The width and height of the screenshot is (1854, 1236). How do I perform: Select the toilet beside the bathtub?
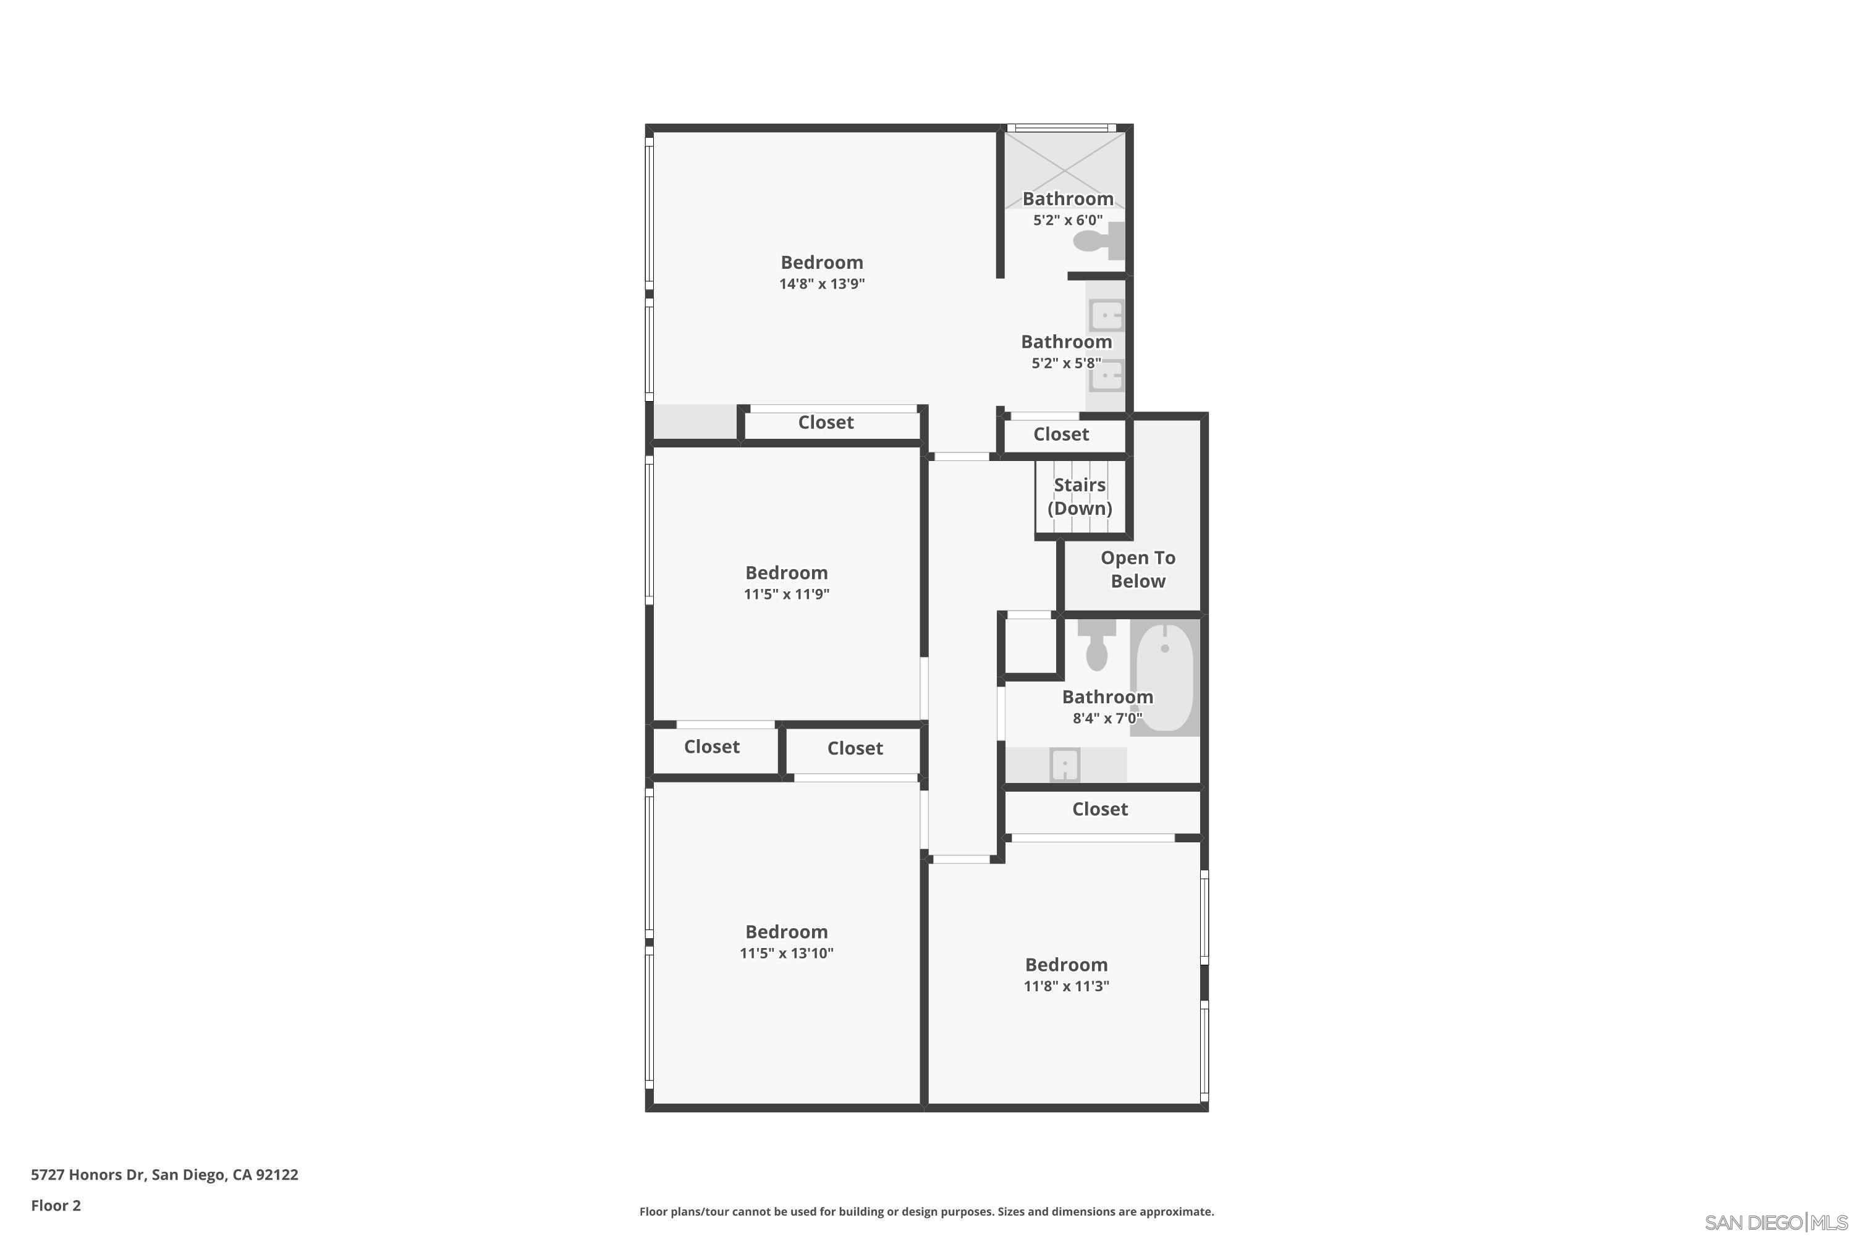1096,645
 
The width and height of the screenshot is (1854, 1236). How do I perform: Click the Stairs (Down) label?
1079,497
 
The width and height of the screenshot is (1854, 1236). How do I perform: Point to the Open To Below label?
1138,569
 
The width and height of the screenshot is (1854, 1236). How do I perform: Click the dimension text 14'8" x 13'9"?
821,284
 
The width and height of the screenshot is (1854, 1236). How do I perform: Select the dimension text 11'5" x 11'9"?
786,595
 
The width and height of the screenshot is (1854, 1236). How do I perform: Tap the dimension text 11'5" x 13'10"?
786,953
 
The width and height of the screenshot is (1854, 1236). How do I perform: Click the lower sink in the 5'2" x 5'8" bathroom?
1106,376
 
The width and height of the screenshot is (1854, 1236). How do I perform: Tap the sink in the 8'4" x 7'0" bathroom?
1064,764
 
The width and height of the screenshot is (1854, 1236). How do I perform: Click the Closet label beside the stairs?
1061,434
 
